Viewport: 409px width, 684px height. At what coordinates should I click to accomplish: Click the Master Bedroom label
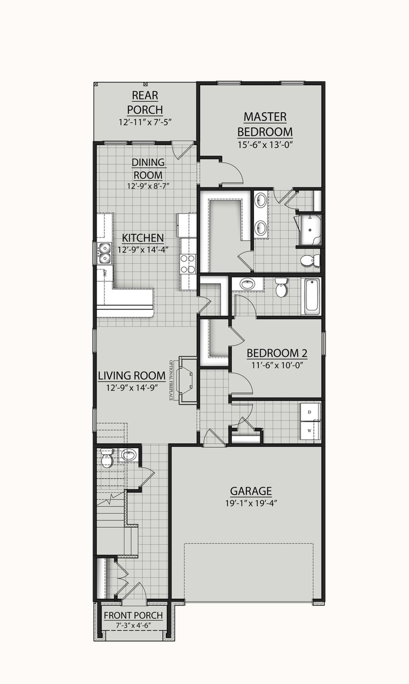click(x=265, y=124)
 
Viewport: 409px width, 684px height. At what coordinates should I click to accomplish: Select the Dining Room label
click(x=148, y=169)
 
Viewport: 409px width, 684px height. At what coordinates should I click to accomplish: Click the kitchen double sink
click(x=104, y=253)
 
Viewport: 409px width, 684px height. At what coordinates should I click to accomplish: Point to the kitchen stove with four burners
click(x=188, y=263)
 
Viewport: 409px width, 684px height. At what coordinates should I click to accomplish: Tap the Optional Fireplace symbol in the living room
click(x=187, y=381)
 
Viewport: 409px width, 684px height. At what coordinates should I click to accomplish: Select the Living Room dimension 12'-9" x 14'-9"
click(x=132, y=388)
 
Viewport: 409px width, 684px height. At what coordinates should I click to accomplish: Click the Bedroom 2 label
click(x=277, y=353)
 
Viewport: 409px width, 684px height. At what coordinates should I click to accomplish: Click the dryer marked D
click(x=309, y=412)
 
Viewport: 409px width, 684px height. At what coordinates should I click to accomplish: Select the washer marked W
click(x=309, y=431)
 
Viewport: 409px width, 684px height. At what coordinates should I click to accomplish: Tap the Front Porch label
click(x=133, y=615)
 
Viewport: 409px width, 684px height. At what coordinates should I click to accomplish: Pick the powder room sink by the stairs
click(x=129, y=455)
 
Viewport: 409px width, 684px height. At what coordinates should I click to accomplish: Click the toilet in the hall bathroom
click(x=282, y=288)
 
